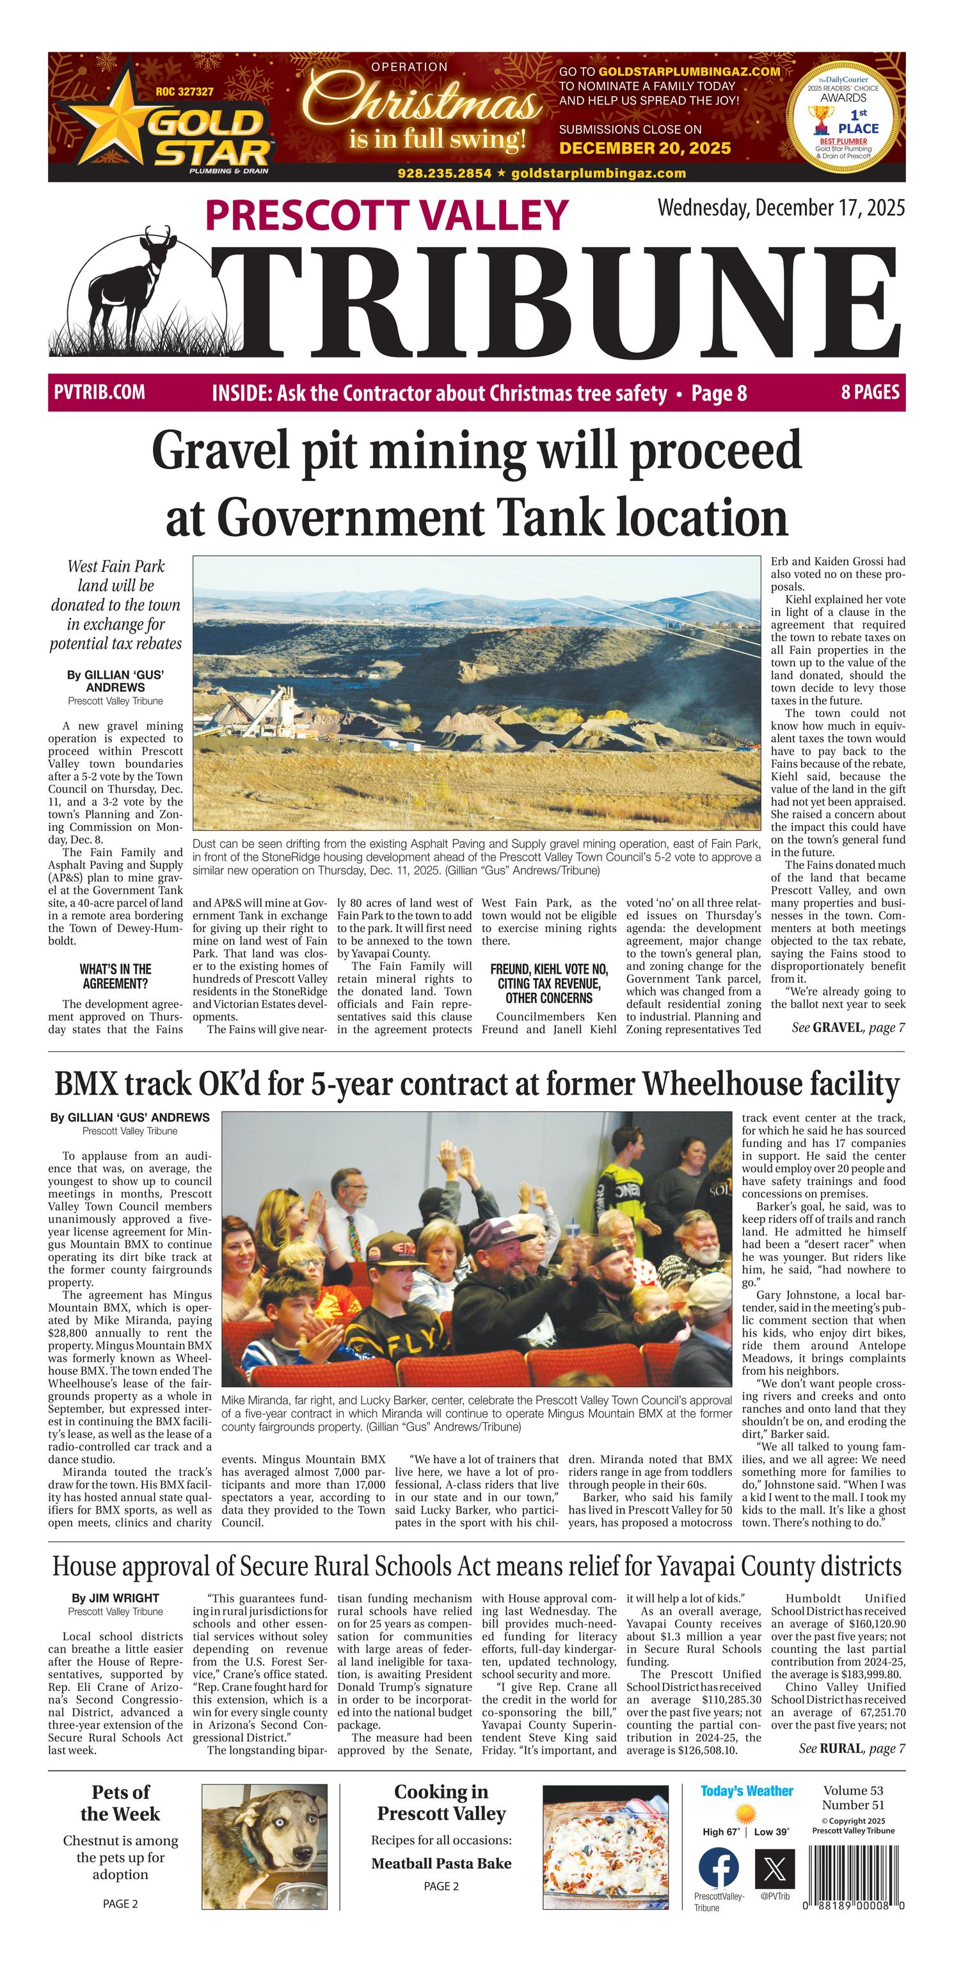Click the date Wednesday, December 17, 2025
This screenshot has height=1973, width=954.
point(781,207)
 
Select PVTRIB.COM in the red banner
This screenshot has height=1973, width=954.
point(100,392)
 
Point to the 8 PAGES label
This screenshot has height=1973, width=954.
point(870,392)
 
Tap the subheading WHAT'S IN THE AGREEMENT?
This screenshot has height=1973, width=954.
point(116,976)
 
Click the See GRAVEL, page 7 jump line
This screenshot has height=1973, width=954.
point(848,1027)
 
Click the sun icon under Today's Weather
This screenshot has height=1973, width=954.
point(745,1814)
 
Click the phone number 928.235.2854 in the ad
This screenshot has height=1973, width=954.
point(445,173)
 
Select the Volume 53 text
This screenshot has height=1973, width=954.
point(853,1790)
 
